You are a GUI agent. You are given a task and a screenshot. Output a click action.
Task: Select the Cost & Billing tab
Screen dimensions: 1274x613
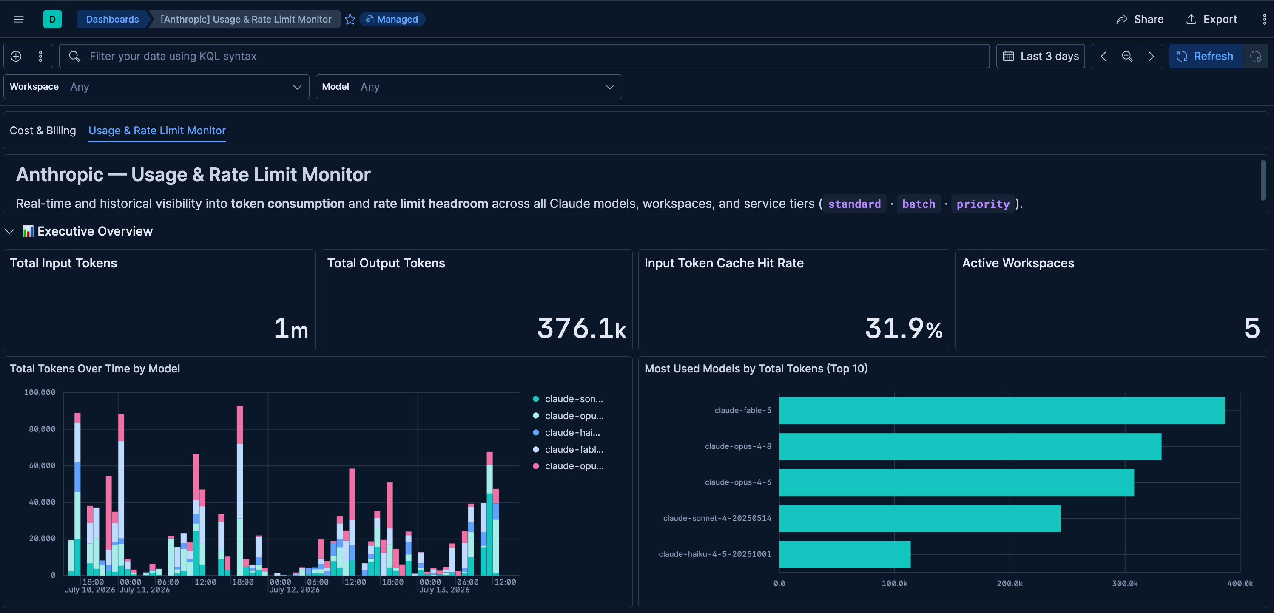43,131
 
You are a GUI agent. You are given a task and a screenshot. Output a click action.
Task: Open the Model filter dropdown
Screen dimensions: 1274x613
468,87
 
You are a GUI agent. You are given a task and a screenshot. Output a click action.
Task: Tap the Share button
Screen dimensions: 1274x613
1140,19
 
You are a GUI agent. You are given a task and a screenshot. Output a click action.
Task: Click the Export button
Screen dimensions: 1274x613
1211,19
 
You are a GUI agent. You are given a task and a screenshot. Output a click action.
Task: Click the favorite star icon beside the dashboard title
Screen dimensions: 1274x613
350,19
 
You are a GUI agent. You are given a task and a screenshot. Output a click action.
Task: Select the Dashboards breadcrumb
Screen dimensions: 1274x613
112,19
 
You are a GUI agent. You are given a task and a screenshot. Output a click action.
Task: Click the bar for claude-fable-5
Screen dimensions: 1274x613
1001,410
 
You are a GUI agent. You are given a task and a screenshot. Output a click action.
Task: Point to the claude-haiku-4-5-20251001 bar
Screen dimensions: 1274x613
845,554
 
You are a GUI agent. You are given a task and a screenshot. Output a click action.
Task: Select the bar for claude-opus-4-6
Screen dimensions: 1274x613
956,482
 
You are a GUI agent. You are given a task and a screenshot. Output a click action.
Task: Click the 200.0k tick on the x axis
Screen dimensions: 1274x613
1010,583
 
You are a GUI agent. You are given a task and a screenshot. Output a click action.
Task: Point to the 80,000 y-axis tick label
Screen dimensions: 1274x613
42,429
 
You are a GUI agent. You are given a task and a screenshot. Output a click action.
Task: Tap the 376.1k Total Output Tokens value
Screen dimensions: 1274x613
582,328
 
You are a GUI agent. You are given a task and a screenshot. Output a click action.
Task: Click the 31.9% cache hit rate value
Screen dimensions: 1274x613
904,328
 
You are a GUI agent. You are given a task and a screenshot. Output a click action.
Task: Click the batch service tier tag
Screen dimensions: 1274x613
919,204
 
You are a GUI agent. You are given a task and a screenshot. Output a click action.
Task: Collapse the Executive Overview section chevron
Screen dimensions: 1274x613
9,231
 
